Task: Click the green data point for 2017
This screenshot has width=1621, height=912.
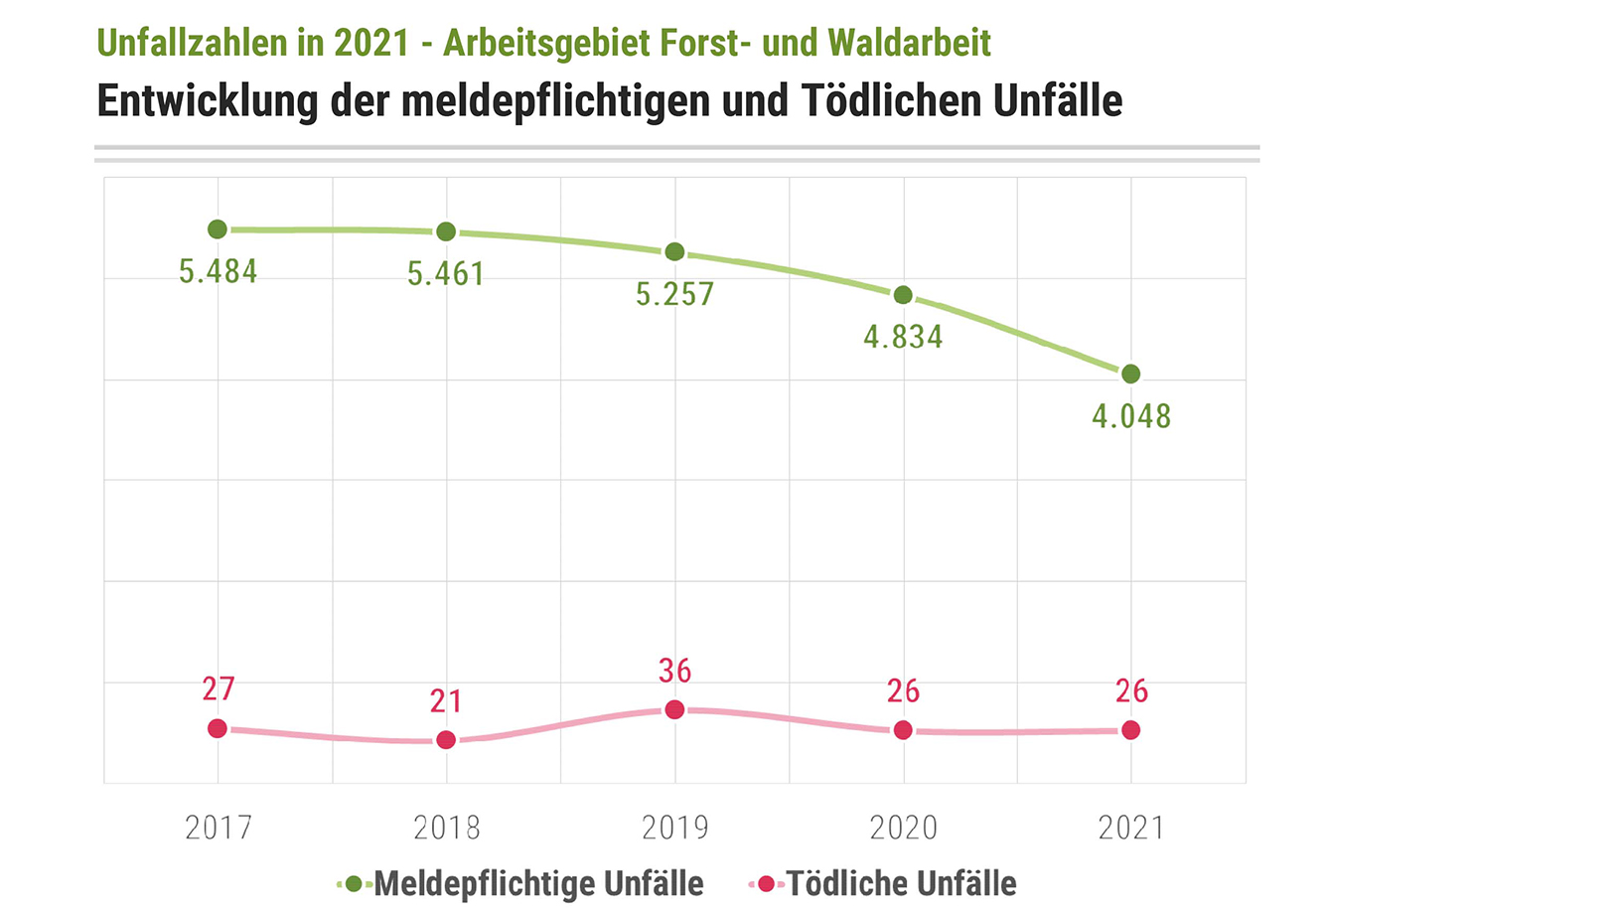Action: tap(218, 229)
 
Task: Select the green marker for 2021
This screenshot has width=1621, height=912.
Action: tap(1130, 375)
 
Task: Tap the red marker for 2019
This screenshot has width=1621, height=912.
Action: tap(674, 709)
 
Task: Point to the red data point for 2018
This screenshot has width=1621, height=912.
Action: tap(446, 740)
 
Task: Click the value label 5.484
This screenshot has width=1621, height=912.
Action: tap(218, 271)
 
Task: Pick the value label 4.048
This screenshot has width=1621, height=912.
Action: tap(1131, 416)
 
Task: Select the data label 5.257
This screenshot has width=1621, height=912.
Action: tap(674, 294)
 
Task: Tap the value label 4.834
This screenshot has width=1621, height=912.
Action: tap(903, 337)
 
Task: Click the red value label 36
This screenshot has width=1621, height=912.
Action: tap(674, 671)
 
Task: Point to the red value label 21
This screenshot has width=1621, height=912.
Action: tap(446, 701)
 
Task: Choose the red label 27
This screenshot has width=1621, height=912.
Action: tap(218, 688)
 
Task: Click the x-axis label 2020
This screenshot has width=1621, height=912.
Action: tap(903, 828)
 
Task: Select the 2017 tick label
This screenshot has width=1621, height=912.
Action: tap(218, 828)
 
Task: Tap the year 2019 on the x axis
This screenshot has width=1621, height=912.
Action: tap(674, 828)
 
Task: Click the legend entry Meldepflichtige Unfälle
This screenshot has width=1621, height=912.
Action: tap(537, 883)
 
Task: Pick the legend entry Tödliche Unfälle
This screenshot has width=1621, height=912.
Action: tap(901, 883)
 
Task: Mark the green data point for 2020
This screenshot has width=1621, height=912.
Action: tap(903, 295)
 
